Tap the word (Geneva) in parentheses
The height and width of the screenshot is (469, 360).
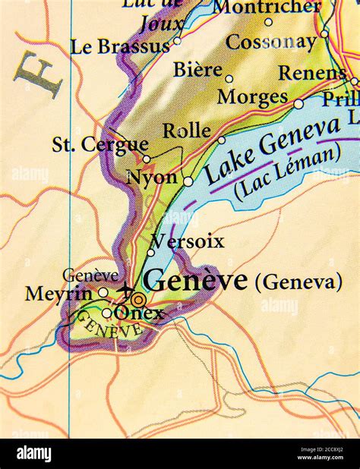(x=298, y=282)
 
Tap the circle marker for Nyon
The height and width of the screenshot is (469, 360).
(x=188, y=181)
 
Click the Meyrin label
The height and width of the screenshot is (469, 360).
(x=60, y=294)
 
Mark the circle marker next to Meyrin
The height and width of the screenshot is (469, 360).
(x=103, y=292)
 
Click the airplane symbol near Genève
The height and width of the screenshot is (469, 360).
(x=125, y=289)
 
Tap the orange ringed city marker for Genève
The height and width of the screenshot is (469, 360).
(x=137, y=299)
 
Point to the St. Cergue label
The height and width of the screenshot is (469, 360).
(x=99, y=144)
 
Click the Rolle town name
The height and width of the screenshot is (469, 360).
(x=187, y=130)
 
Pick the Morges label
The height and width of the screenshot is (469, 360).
(x=252, y=97)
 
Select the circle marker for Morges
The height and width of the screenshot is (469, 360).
(x=298, y=104)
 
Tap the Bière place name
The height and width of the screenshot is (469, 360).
(x=197, y=70)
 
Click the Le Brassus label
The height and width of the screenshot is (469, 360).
(x=120, y=46)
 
